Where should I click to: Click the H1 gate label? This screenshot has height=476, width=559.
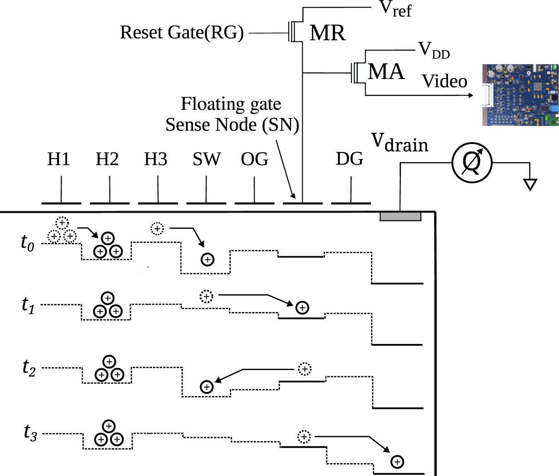(x=58, y=159)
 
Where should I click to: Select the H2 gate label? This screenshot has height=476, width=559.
(x=107, y=159)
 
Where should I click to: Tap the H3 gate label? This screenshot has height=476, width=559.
(x=155, y=159)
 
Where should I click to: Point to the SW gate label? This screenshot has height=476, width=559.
(x=206, y=159)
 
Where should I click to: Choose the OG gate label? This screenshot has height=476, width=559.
(x=254, y=159)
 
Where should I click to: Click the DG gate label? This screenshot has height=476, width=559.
(x=349, y=159)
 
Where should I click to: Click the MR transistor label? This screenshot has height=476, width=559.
(x=327, y=33)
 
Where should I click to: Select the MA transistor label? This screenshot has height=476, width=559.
(x=386, y=72)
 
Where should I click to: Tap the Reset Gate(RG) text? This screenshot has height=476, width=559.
(x=182, y=32)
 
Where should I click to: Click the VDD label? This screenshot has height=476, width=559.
(x=434, y=50)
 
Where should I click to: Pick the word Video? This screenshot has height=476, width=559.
(x=444, y=81)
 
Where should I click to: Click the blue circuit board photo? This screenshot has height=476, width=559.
(x=520, y=95)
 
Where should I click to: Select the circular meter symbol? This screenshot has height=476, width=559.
(x=472, y=162)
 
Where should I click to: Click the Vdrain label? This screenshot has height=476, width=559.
(x=399, y=143)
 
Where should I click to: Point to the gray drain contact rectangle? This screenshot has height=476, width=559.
(x=400, y=216)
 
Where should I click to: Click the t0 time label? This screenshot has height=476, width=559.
(x=27, y=242)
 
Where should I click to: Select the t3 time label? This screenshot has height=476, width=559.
(x=30, y=433)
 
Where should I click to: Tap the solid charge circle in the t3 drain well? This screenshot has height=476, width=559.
(x=397, y=462)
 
